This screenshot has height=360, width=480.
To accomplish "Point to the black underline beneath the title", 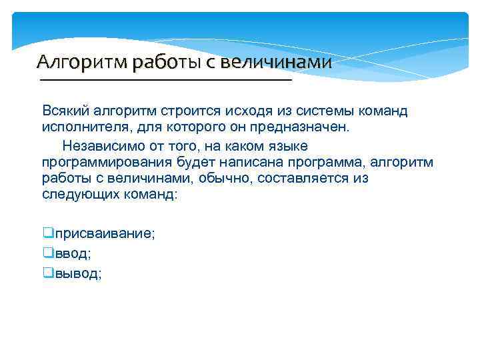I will pos(167,80).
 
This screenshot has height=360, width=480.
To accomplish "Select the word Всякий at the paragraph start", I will pos(64,111).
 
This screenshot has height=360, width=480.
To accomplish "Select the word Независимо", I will pos(98,145).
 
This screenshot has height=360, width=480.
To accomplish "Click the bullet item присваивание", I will pos(105,234).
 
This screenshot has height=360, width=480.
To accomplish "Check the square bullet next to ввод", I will pos(47,253).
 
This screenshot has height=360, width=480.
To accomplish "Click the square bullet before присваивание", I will pos(47,233).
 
